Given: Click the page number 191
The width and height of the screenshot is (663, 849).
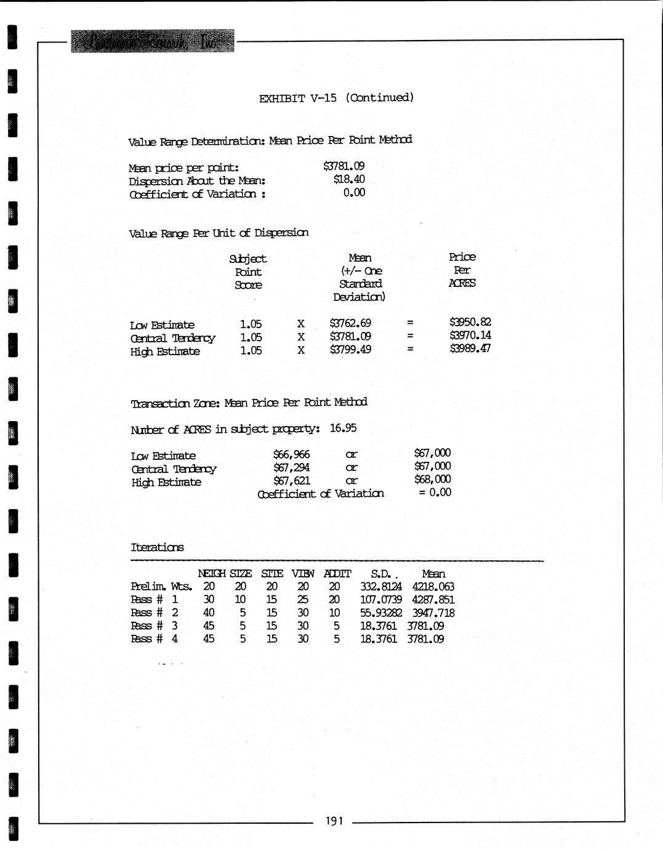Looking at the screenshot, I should [334, 821].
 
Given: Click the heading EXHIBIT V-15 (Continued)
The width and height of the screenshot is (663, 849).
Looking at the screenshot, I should [336, 98].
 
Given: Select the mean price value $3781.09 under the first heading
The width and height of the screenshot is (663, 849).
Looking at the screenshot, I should [344, 166].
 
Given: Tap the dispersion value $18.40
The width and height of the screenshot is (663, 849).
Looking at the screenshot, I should [348, 179].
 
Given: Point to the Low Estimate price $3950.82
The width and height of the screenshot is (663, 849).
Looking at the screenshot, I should [470, 322].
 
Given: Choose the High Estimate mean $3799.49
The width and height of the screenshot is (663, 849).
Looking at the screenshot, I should [350, 350].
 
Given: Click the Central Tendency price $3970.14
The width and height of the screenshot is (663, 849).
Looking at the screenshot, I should [470, 336].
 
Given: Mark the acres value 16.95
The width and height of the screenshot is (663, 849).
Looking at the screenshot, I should [343, 428].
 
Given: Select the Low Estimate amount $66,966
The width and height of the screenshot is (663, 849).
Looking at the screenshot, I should [291, 454].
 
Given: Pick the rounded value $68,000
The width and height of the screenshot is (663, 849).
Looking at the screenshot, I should [432, 479].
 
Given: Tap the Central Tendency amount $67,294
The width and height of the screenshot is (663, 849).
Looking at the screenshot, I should [291, 467].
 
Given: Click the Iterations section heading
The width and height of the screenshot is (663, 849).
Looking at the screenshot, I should [157, 547].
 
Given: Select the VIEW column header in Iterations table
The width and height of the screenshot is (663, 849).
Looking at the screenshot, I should [302, 574].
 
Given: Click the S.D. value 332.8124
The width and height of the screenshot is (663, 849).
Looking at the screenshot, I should [380, 587].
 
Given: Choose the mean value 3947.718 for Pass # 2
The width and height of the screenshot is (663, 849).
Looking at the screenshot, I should [433, 613].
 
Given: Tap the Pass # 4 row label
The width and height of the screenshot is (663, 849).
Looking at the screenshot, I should [154, 639].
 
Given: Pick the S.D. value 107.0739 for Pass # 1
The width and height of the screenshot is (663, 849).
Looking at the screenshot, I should [380, 600].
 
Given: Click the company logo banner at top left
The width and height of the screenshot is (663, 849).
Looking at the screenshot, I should [152, 41].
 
